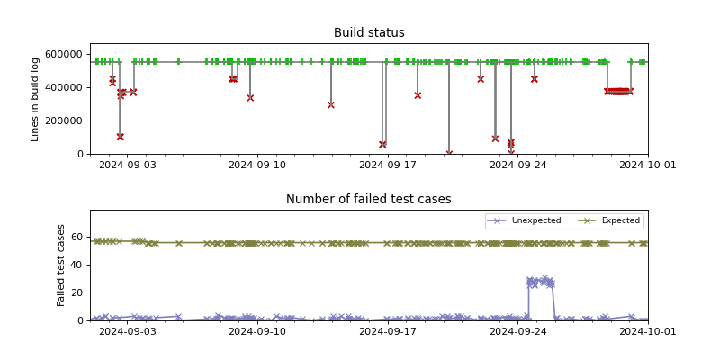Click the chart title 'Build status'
click(x=369, y=33)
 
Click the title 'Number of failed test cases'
click(x=369, y=200)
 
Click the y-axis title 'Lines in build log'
click(x=36, y=99)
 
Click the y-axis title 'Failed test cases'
click(x=62, y=265)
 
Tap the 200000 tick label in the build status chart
click(x=65, y=121)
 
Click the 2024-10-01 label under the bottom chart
click(x=647, y=331)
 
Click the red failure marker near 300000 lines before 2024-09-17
click(x=331, y=104)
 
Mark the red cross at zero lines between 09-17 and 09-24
click(x=449, y=153)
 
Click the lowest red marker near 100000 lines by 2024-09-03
click(x=120, y=137)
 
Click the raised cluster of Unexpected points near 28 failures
click(x=540, y=282)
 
